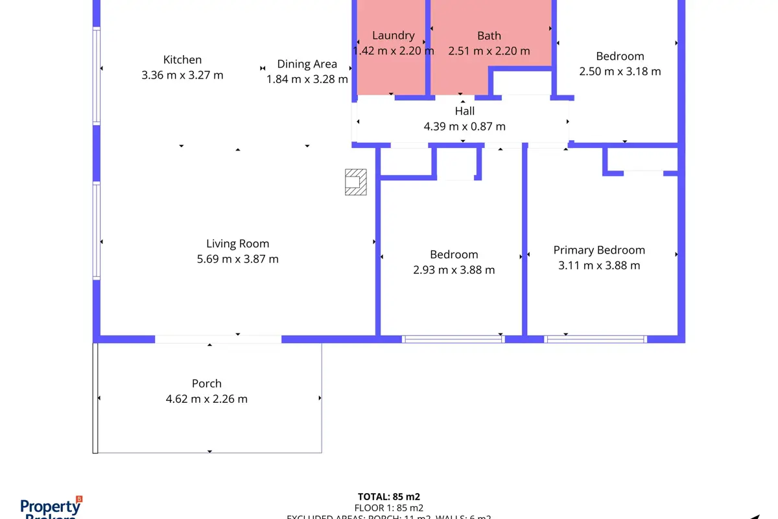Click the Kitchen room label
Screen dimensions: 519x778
[x=182, y=60]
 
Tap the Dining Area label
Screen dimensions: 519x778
[x=307, y=64]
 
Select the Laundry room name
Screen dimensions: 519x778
[x=393, y=36]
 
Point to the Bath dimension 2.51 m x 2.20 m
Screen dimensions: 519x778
[x=489, y=51]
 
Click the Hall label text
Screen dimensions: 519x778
[x=464, y=111]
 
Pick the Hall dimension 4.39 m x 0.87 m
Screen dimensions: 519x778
[x=464, y=127]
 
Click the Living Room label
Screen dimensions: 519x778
[x=237, y=244]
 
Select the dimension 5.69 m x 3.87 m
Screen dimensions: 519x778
[x=237, y=259]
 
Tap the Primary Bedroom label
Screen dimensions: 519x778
[x=599, y=250]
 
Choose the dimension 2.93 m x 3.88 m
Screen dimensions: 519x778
[x=454, y=270]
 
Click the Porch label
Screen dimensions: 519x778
[x=207, y=383]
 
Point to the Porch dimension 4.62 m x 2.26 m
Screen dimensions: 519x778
[x=207, y=399]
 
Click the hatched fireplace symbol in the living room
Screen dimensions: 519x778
[x=355, y=182]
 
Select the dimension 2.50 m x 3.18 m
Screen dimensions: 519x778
[x=620, y=71]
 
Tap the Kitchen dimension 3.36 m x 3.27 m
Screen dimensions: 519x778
[x=182, y=75]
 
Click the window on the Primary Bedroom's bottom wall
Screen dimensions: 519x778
[x=595, y=339]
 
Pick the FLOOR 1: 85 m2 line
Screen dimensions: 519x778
[x=389, y=508]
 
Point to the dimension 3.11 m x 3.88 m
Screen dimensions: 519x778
[x=599, y=265]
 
